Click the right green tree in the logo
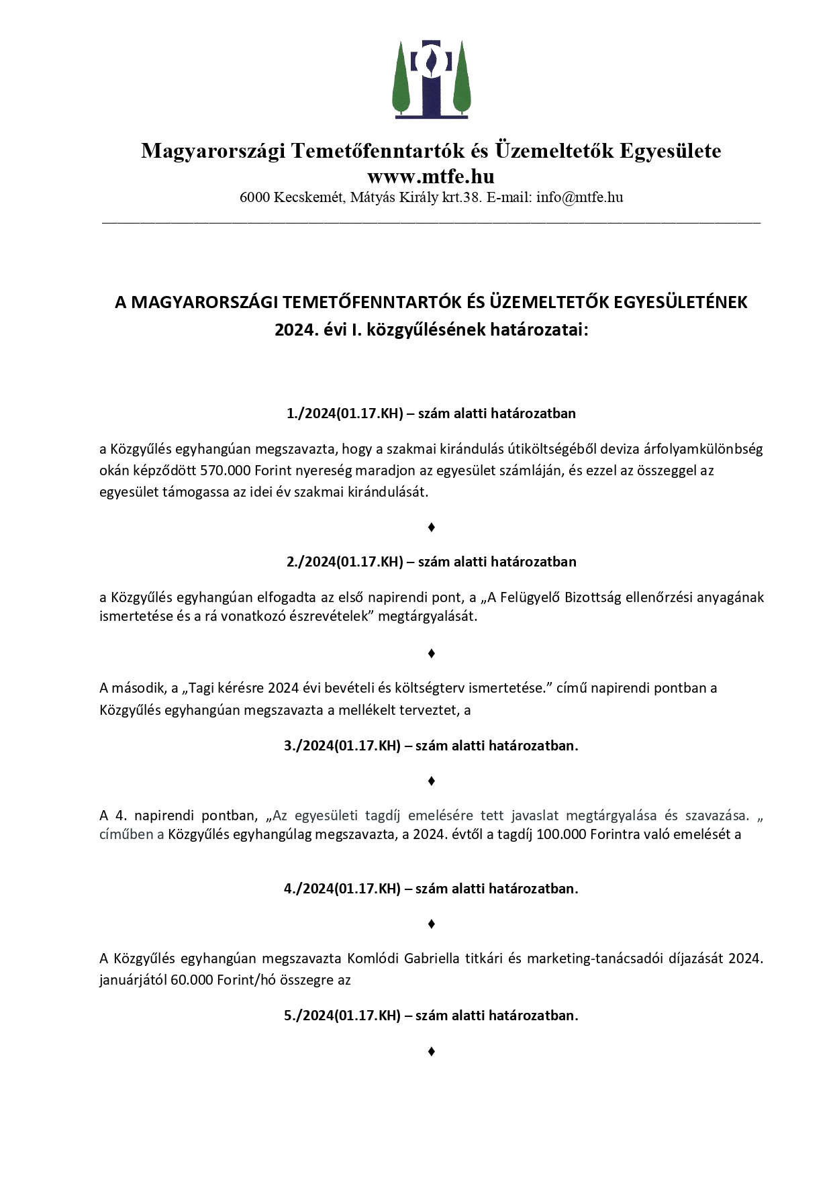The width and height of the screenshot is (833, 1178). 462,79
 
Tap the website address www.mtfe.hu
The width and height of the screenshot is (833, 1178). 430,177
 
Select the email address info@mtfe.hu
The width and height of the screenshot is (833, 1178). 579,197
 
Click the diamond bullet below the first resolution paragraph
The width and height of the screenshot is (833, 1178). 431,528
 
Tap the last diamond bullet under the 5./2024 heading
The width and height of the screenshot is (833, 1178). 431,1051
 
